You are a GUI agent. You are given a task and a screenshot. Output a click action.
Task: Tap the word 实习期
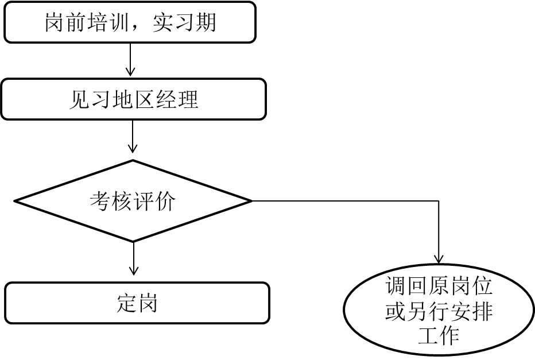185,22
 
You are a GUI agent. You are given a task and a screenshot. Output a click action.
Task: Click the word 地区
133,99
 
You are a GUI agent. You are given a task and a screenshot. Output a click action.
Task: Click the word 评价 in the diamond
154,202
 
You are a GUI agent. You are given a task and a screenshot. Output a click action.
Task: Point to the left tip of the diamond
20,202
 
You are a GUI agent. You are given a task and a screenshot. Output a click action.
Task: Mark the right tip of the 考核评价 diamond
247,202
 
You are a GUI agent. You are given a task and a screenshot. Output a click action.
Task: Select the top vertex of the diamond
133,162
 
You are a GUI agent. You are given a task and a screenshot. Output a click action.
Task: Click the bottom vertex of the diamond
133,240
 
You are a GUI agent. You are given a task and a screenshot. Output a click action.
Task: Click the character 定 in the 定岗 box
126,303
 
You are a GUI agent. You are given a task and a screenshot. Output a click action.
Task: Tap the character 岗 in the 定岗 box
148,303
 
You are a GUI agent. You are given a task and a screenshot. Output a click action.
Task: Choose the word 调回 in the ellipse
407,285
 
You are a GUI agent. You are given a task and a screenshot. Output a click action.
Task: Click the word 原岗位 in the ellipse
460,285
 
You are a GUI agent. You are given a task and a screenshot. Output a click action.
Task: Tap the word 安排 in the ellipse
471,311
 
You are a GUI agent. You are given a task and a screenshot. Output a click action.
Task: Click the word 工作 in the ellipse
439,336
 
